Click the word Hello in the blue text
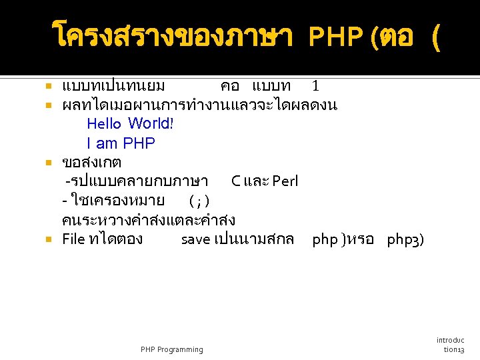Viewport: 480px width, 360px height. (104, 123)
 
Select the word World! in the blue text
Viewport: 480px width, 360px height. (151, 123)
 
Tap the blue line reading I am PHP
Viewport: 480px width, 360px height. (121, 143)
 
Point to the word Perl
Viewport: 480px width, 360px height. (285, 181)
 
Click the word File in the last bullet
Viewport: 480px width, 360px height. (73, 239)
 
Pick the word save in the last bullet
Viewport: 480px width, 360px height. (195, 239)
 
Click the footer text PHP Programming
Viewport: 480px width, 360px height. (172, 349)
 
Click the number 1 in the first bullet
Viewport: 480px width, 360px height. (315, 86)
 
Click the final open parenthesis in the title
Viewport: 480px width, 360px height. (436, 38)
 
